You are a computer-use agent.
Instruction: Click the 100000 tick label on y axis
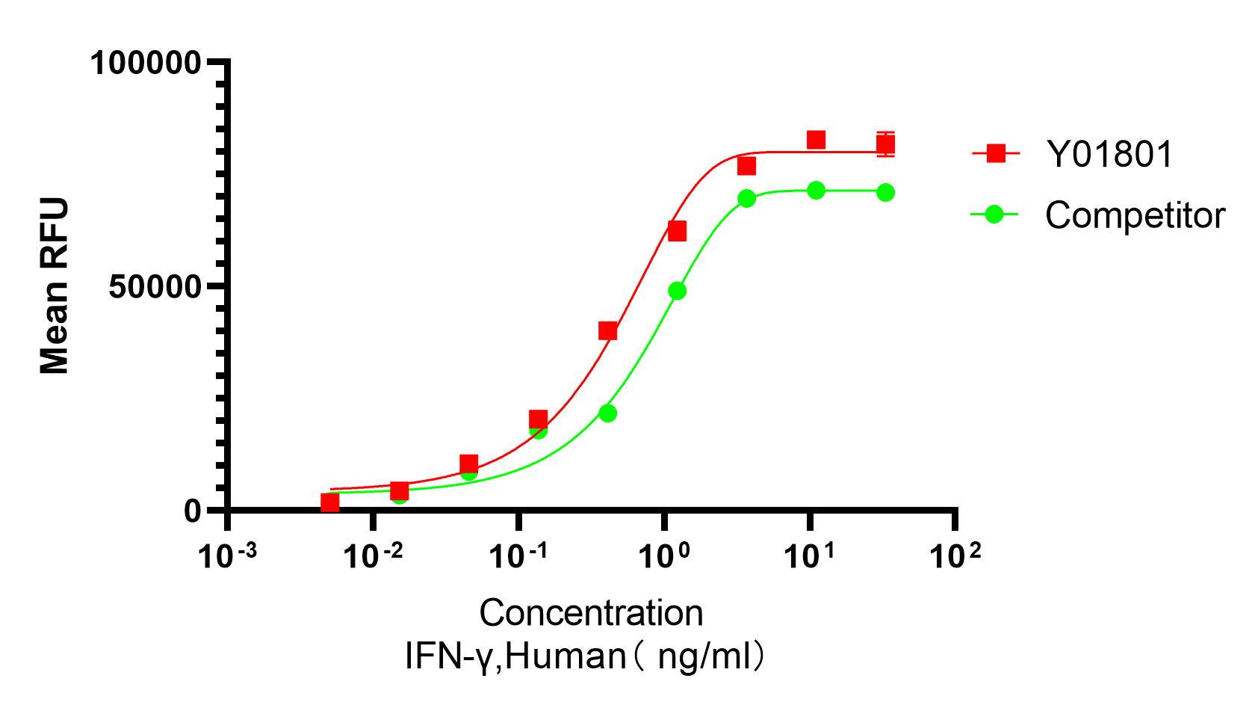point(145,63)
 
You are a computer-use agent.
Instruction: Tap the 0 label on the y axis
point(193,511)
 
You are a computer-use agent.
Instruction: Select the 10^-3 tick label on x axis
point(226,556)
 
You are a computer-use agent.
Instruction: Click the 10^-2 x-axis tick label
point(371,556)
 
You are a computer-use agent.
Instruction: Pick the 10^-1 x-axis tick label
point(518,556)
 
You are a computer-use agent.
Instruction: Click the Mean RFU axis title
point(54,286)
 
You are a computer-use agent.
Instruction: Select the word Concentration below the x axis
point(591,613)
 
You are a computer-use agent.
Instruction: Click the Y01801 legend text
point(1109,155)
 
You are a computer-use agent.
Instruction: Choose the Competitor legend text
point(1135,215)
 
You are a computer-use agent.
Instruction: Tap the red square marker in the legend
point(995,154)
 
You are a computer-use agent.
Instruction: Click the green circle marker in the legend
point(994,215)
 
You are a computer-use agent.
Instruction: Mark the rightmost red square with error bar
point(885,144)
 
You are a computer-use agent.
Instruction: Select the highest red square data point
point(816,140)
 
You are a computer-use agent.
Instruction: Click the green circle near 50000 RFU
point(677,291)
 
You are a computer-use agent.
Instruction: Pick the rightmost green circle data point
point(885,192)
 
